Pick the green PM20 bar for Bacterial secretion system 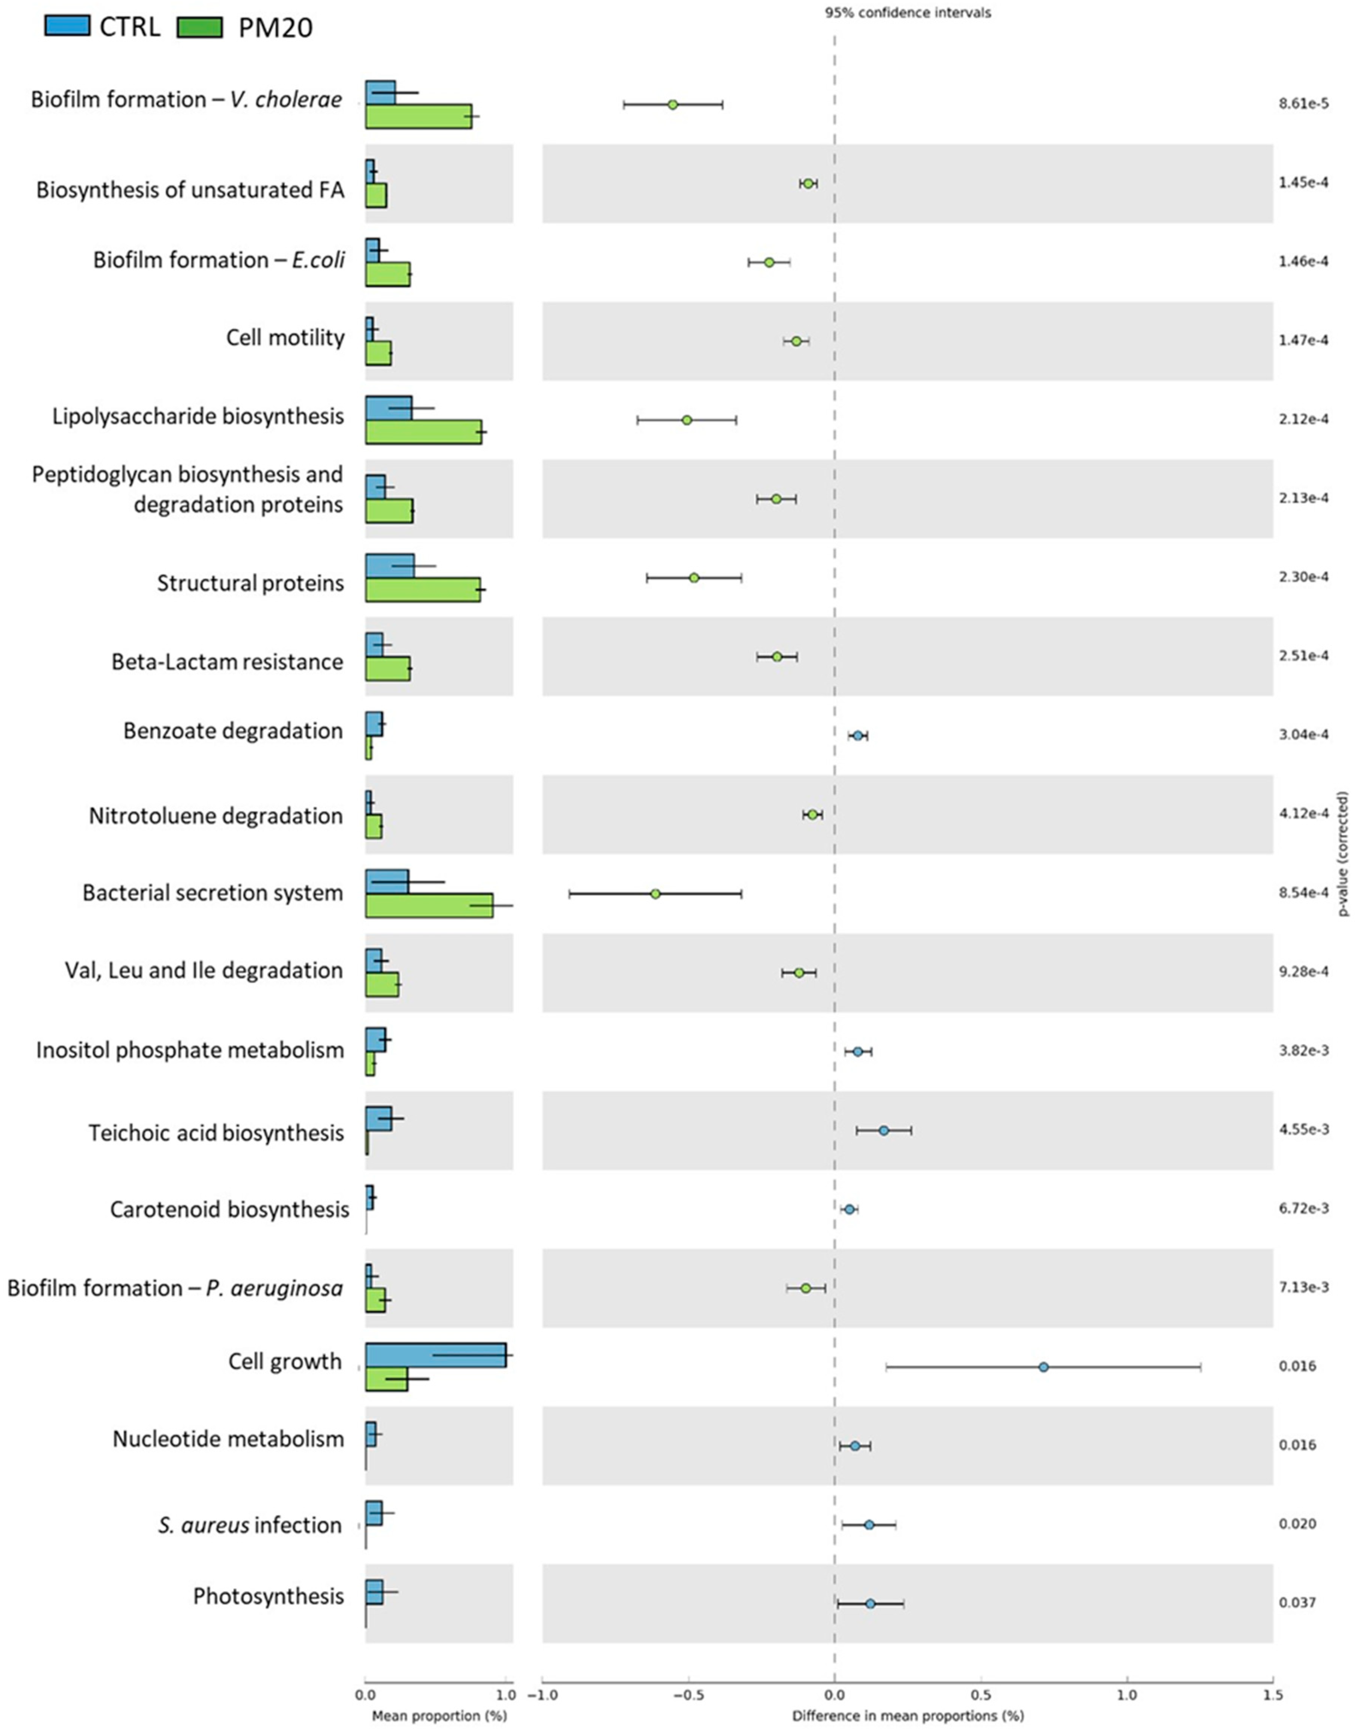point(429,905)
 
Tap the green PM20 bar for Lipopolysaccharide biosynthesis point(423,432)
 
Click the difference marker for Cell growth point(1043,1367)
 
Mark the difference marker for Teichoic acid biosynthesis point(884,1130)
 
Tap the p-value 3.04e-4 point(1303,734)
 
